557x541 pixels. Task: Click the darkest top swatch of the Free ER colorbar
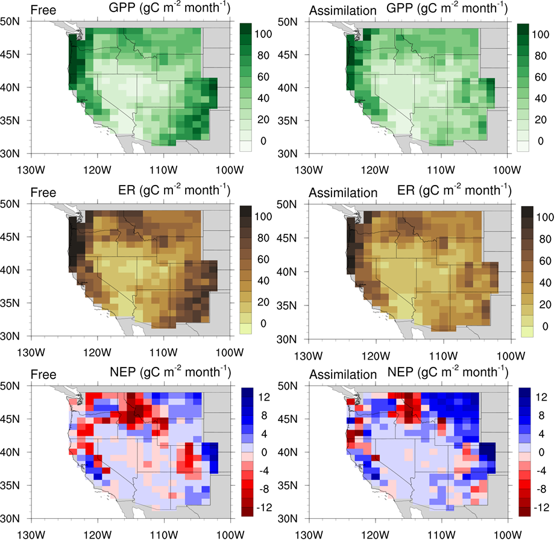coord(247,211)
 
